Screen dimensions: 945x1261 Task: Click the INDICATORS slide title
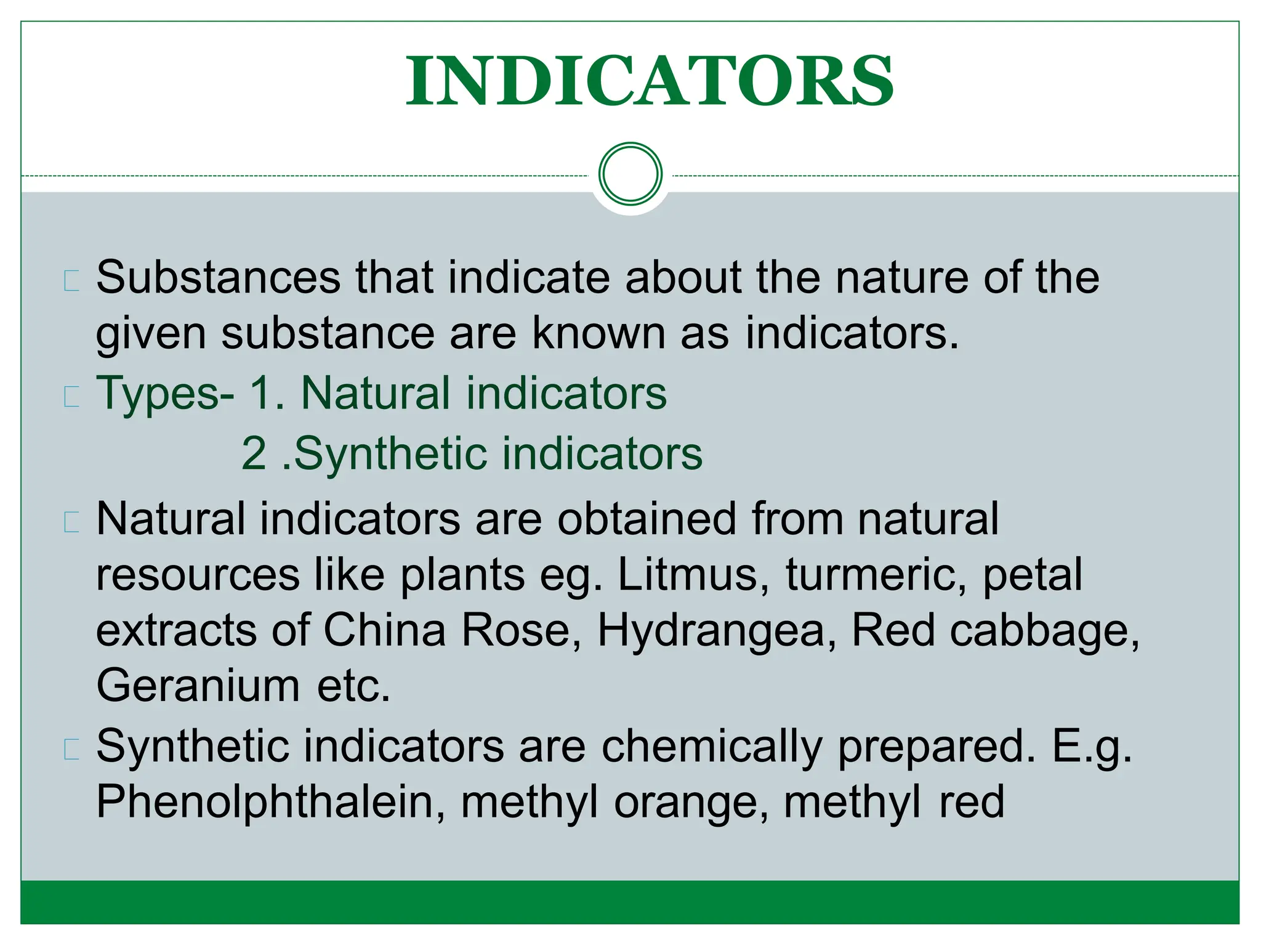click(650, 81)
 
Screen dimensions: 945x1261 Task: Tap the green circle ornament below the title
click(630, 174)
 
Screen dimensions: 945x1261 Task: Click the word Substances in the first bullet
click(218, 278)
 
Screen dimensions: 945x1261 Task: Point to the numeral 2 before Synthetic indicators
click(254, 454)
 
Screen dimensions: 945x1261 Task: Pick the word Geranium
click(198, 686)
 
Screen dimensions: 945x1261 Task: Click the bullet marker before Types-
click(71, 397)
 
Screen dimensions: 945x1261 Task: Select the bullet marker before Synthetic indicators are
click(71, 749)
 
